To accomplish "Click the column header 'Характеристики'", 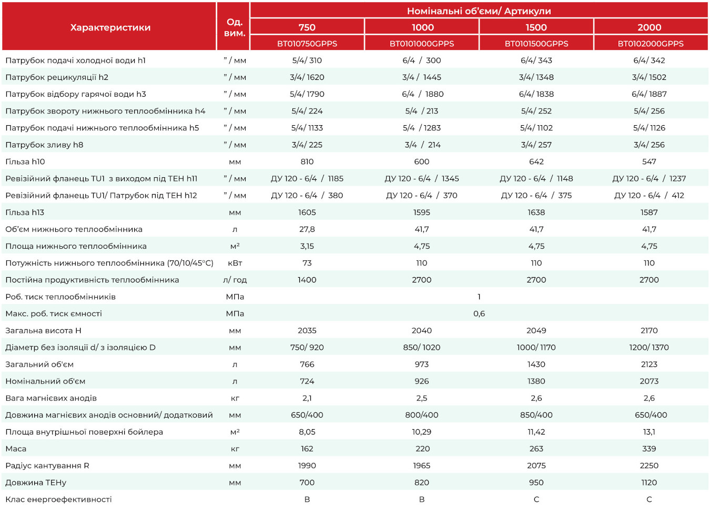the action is click(110, 27).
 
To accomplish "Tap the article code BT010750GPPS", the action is click(307, 44).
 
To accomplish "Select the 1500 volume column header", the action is click(536, 27).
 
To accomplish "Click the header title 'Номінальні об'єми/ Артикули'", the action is click(479, 11).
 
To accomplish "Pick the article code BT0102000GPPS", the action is click(651, 44).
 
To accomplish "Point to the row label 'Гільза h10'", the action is click(25, 161).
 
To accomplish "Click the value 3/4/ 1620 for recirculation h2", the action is click(307, 77).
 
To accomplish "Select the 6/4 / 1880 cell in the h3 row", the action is click(422, 94).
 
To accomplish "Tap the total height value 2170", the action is click(649, 331).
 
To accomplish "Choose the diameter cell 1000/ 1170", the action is click(536, 348).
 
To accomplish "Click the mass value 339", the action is click(649, 449).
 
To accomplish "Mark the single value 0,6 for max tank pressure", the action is click(479, 314).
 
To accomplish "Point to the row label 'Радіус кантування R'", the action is click(47, 465).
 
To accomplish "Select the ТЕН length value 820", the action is click(422, 482).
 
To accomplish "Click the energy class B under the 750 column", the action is click(307, 499).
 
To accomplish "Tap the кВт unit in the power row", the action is click(235, 263).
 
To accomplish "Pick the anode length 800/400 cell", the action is click(422, 415).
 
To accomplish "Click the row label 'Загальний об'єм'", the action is click(39, 365).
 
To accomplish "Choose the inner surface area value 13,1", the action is click(649, 432).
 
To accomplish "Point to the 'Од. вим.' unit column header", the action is click(235, 27).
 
